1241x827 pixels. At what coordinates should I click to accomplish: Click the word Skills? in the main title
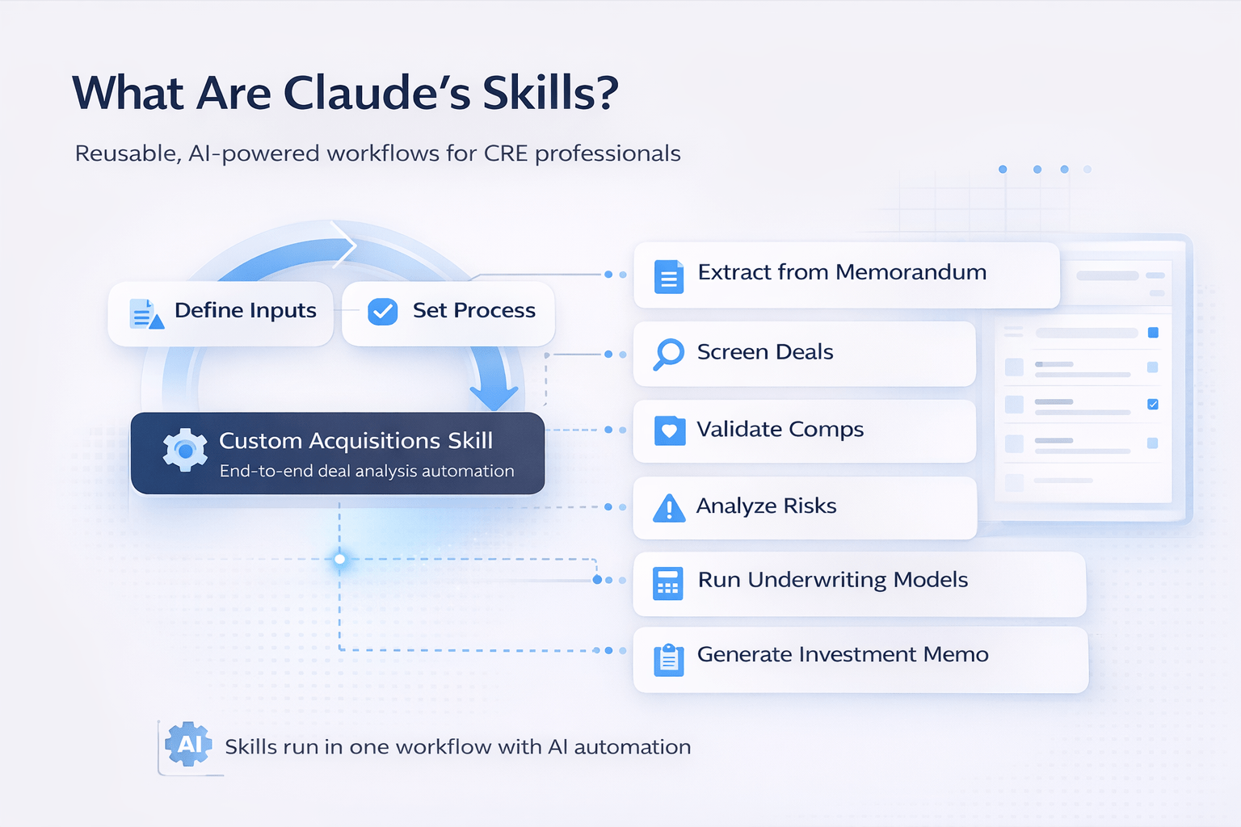click(550, 93)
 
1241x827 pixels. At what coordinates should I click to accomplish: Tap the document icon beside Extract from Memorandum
click(668, 276)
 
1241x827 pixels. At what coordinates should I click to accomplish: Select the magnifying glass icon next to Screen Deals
click(668, 354)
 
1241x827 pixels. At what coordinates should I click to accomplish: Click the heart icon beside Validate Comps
click(669, 430)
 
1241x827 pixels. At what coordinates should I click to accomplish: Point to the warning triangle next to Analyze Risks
click(668, 508)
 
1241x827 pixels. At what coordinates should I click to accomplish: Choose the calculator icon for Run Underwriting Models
click(668, 583)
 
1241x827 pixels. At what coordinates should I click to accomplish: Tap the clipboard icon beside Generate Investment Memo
click(668, 659)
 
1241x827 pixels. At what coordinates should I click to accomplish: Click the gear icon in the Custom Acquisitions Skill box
click(185, 450)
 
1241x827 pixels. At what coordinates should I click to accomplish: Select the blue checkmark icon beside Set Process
click(382, 311)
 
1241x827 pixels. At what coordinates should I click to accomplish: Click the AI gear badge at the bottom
click(188, 744)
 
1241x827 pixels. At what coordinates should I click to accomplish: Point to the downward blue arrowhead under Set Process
click(494, 397)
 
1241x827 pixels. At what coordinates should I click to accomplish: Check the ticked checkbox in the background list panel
click(1153, 404)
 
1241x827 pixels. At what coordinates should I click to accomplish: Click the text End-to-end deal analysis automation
click(367, 471)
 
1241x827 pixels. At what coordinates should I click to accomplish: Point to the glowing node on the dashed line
click(339, 559)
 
